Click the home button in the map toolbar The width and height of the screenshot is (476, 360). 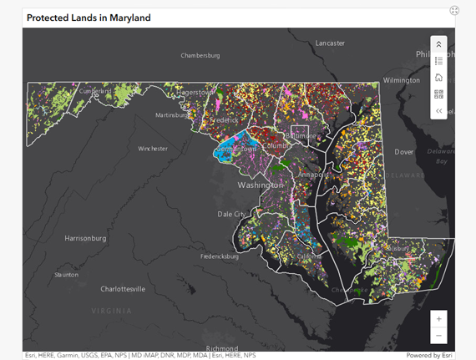tap(439, 78)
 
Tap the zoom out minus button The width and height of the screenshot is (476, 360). tap(439, 336)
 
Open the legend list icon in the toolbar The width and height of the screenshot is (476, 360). tap(439, 61)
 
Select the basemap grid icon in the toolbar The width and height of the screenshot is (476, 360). tap(439, 94)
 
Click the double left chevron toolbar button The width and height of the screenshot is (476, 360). tap(439, 111)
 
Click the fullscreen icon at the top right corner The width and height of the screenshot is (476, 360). tap(454, 11)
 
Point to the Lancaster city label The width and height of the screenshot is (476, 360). tap(330, 43)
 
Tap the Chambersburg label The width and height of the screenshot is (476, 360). tap(200, 56)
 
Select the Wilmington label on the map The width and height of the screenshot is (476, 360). tap(402, 80)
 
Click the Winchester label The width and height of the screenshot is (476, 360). tap(153, 149)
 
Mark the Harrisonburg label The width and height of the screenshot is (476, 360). tap(86, 238)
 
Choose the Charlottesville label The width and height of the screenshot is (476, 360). tap(123, 289)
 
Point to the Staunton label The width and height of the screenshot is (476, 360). tap(67, 274)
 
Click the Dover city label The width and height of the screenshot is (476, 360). tap(404, 152)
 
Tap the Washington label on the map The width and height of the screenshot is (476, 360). tap(260, 185)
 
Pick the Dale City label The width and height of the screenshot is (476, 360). tap(232, 214)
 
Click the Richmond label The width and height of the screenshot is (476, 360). tap(222, 348)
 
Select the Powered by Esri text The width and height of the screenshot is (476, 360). tap(429, 356)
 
